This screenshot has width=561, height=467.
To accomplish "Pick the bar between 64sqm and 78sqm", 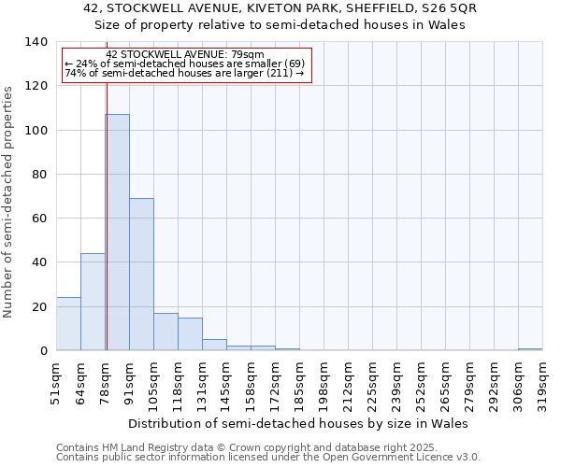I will click(x=93, y=302).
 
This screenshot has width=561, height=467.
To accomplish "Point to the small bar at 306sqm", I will click(x=530, y=349).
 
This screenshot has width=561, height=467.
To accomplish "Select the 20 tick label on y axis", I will click(x=39, y=307).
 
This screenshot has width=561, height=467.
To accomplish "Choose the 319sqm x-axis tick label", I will click(x=543, y=382).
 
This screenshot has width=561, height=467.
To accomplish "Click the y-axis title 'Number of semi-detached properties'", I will click(x=8, y=201).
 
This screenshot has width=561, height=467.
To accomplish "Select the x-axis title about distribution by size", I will click(x=297, y=423).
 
